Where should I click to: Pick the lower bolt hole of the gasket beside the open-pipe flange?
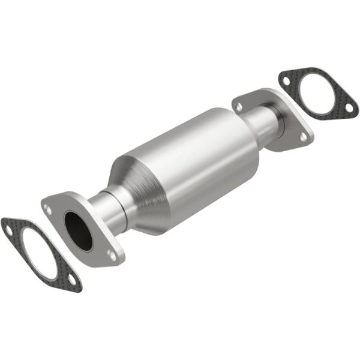[x=71, y=279]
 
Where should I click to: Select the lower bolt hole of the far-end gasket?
[x=348, y=109]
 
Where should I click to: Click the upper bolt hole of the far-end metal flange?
[x=239, y=106]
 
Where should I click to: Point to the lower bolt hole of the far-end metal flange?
[x=303, y=137]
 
